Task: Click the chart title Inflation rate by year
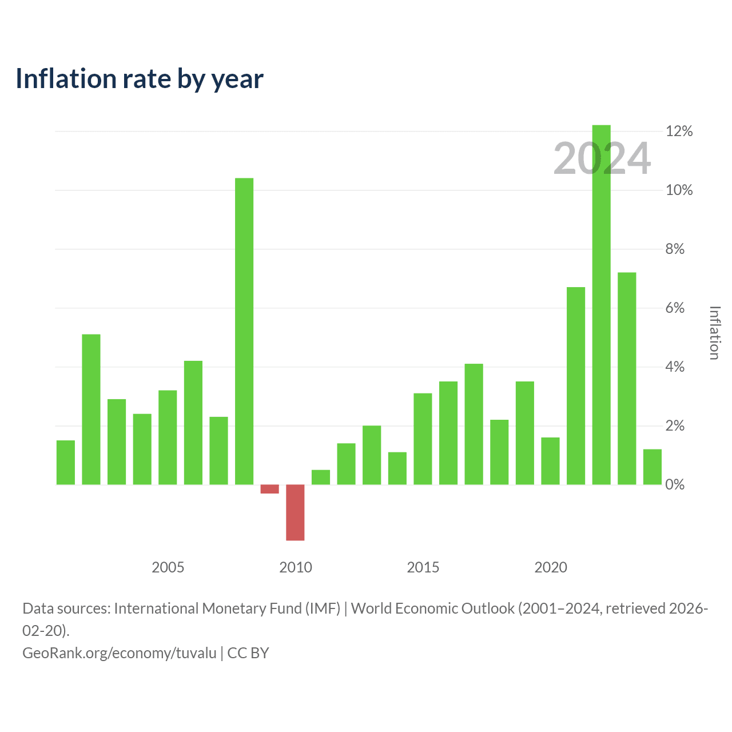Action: [x=140, y=79]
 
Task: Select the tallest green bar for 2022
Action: [x=601, y=305]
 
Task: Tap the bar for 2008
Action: [x=244, y=331]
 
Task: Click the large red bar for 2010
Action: [x=295, y=512]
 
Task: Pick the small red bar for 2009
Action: [x=270, y=489]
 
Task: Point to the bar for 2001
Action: [x=66, y=463]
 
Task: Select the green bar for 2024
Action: [x=653, y=467]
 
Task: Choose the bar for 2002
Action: [x=91, y=409]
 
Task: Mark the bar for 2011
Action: [x=321, y=477]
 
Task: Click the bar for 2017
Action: [x=474, y=424]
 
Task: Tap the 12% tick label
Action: [x=679, y=132]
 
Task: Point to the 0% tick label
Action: [x=675, y=485]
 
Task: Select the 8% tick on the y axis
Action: [x=675, y=249]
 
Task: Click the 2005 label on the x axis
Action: [x=168, y=567]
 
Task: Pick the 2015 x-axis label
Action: [x=423, y=567]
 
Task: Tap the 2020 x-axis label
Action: [x=550, y=567]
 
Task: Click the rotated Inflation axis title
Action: [x=715, y=333]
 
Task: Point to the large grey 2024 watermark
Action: [x=602, y=158]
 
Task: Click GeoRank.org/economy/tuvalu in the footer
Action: [x=120, y=653]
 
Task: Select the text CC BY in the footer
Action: [x=248, y=653]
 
